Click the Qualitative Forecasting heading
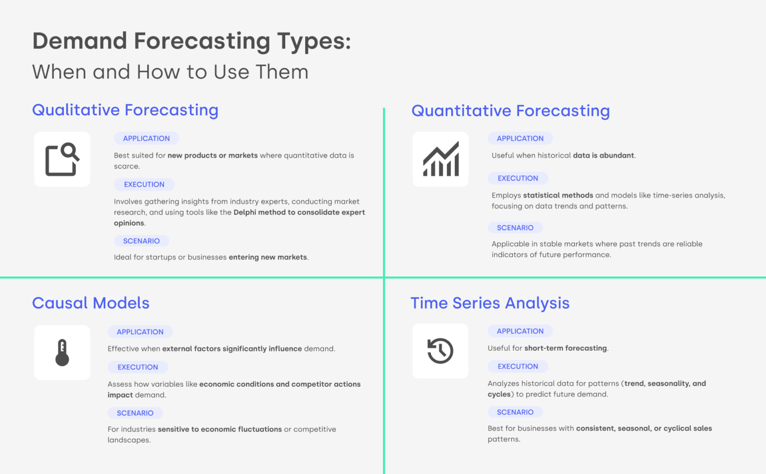click(x=125, y=110)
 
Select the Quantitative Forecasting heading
click(x=510, y=111)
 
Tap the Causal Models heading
click(x=91, y=303)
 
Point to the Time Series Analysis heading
click(x=490, y=303)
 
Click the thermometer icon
click(x=62, y=353)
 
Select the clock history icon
click(x=440, y=351)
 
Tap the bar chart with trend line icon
click(x=441, y=159)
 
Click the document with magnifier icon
click(x=62, y=160)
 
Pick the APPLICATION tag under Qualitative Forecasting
click(x=146, y=138)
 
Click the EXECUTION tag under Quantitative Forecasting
click(x=518, y=178)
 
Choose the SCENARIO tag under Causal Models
click(x=135, y=413)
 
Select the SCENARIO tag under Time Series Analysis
click(x=515, y=412)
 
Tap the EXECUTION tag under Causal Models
click(x=138, y=367)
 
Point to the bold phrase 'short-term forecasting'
click(x=566, y=348)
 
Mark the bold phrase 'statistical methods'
click(x=558, y=196)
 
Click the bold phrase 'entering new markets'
click(x=268, y=257)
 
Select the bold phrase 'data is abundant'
click(x=603, y=156)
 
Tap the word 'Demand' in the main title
click(x=80, y=41)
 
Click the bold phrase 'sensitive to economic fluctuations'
click(x=219, y=429)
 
